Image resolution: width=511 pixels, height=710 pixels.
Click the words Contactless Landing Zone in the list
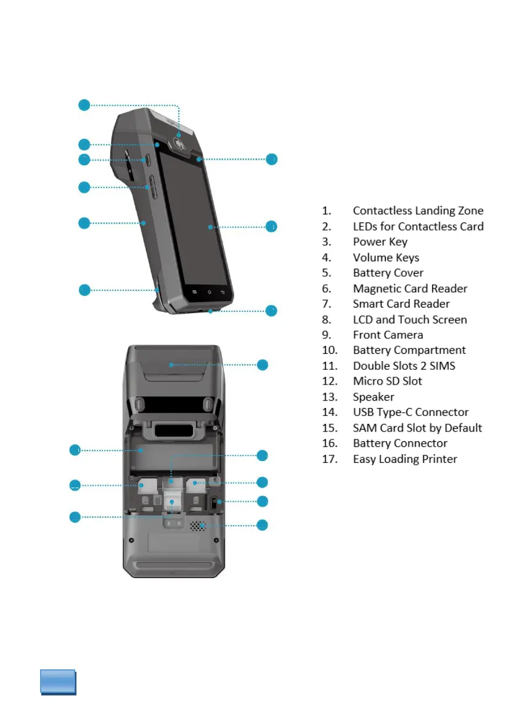(418, 211)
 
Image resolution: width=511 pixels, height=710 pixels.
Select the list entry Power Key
(380, 242)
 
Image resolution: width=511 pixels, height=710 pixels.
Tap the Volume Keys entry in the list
(386, 258)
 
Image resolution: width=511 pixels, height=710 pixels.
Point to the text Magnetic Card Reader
(410, 288)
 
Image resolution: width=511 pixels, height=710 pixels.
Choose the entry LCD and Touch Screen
(410, 319)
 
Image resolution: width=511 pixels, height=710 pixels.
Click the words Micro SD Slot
(387, 381)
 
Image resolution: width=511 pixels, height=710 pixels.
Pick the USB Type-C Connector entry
(411, 412)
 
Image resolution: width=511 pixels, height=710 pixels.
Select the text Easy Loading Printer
(405, 459)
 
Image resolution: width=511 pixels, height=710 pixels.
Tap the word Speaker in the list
(374, 397)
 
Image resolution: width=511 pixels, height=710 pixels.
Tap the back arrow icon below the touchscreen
(223, 292)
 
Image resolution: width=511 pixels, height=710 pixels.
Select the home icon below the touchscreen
(208, 291)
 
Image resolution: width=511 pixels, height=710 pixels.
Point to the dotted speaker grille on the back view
(197, 526)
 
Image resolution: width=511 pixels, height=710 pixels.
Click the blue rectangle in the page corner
(58, 682)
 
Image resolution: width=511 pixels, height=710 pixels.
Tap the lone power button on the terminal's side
(149, 160)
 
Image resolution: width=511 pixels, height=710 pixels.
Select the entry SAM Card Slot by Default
(417, 428)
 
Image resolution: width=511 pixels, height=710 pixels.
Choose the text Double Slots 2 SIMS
(404, 365)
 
